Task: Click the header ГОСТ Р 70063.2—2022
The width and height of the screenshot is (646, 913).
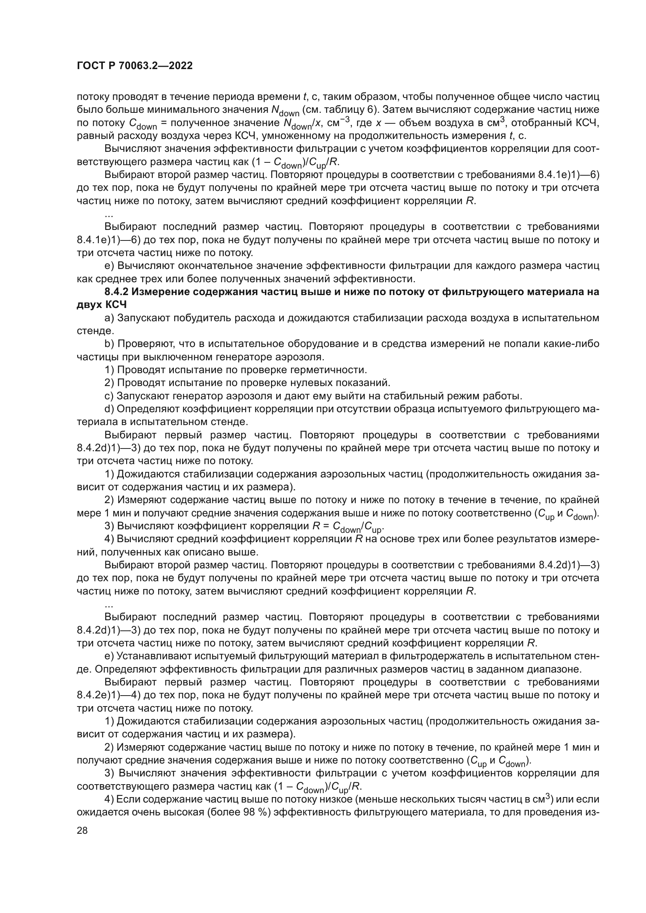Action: (x=134, y=66)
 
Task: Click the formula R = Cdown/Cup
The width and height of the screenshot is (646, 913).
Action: (x=349, y=527)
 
